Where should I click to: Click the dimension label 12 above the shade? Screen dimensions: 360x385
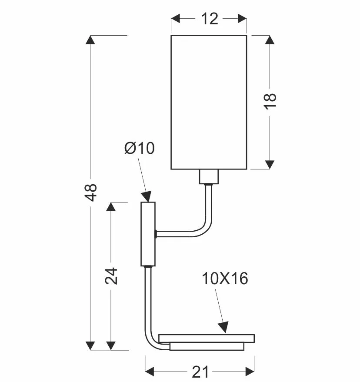click(x=210, y=19)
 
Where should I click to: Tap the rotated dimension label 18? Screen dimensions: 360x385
click(x=270, y=101)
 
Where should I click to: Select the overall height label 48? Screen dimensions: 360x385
click(x=90, y=192)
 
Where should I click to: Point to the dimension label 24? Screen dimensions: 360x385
click(x=111, y=276)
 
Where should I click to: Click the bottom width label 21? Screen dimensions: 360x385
click(x=200, y=372)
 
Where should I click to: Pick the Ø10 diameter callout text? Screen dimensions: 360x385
click(x=140, y=148)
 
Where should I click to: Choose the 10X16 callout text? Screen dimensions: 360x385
click(x=225, y=279)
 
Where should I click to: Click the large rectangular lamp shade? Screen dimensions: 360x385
click(x=209, y=102)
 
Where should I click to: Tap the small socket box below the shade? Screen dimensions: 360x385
click(x=209, y=176)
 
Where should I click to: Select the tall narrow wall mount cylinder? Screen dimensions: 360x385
click(x=148, y=234)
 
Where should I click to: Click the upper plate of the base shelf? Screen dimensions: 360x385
click(x=207, y=339)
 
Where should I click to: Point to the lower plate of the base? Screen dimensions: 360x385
click(x=207, y=346)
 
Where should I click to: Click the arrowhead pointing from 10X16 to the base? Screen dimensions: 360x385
click(x=223, y=327)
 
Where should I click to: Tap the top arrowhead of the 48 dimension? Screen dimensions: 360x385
click(x=90, y=40)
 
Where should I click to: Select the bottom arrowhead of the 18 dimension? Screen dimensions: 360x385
click(x=270, y=165)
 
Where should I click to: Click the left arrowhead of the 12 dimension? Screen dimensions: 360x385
click(x=176, y=19)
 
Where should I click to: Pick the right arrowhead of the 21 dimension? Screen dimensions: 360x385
click(x=250, y=372)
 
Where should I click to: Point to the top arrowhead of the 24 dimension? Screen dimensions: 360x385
click(x=111, y=207)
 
